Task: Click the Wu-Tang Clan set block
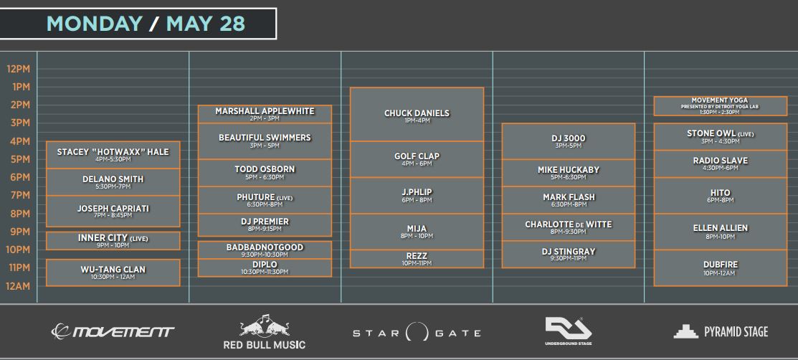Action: pyautogui.click(x=113, y=273)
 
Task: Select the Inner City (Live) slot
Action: pyautogui.click(x=113, y=241)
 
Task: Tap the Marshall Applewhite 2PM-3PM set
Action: pyautogui.click(x=265, y=114)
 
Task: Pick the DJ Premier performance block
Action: pyautogui.click(x=265, y=225)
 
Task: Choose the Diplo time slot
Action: pyautogui.click(x=265, y=267)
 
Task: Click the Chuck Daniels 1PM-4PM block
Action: pyautogui.click(x=417, y=114)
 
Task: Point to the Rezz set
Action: pyautogui.click(x=417, y=259)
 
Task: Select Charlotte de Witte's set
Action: pyautogui.click(x=569, y=227)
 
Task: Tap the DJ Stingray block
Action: pyautogui.click(x=569, y=254)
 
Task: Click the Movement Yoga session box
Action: pyautogui.click(x=720, y=106)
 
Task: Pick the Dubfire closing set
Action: pyautogui.click(x=720, y=267)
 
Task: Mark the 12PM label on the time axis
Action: pyautogui.click(x=19, y=69)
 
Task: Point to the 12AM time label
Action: pyautogui.click(x=19, y=285)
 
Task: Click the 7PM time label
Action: pyautogui.click(x=20, y=196)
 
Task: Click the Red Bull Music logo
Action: pyautogui.click(x=265, y=332)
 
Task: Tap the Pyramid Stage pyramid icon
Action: pyautogui.click(x=685, y=331)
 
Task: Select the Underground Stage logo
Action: pyautogui.click(x=569, y=331)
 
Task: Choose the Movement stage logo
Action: pyautogui.click(x=113, y=332)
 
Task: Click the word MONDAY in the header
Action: pyautogui.click(x=94, y=24)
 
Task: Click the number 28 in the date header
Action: pyautogui.click(x=232, y=24)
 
